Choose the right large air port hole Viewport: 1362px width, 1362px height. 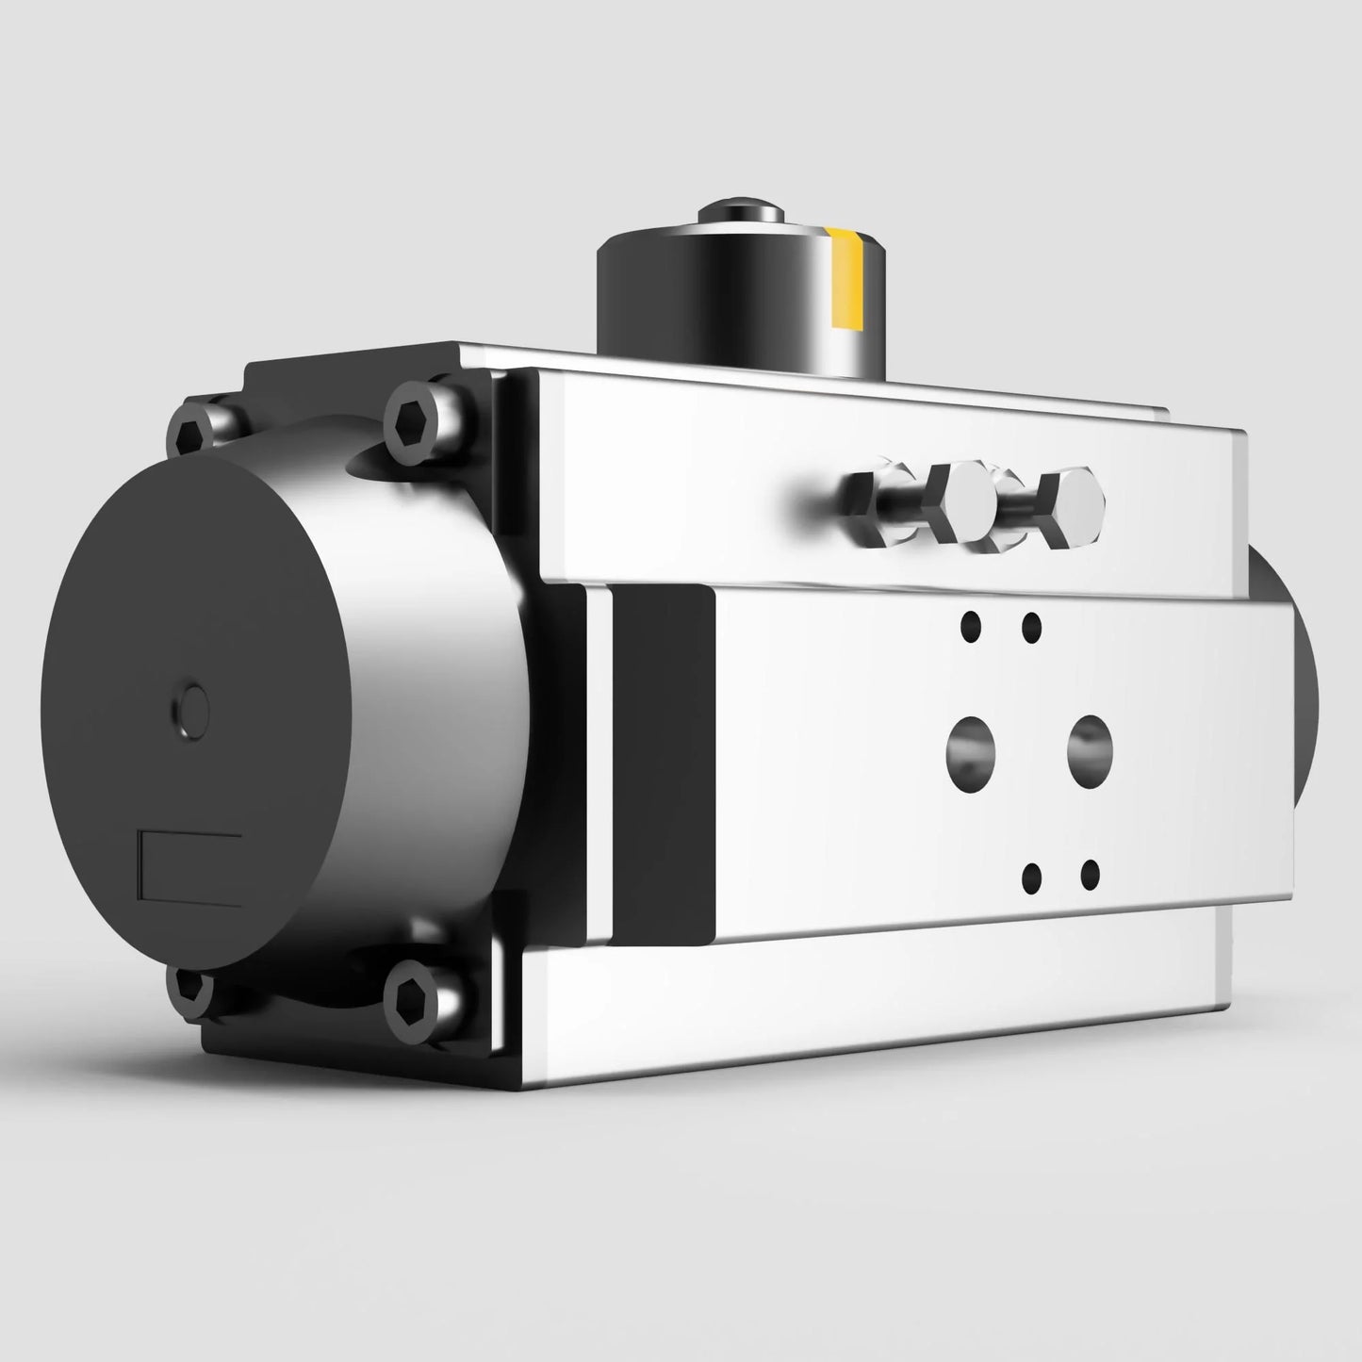(1091, 739)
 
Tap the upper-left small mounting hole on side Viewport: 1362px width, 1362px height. (968, 623)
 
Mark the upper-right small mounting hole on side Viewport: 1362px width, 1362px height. (1031, 625)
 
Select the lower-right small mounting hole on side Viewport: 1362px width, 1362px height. (1090, 874)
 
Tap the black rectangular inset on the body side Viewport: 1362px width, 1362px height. (664, 763)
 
